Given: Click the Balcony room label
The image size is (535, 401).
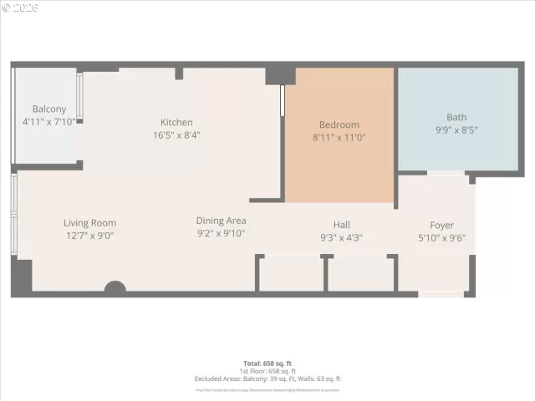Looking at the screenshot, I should click(48, 109).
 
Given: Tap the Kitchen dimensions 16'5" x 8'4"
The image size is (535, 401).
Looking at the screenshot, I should click(176, 135).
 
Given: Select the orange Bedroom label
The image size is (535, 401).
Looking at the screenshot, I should click(339, 124).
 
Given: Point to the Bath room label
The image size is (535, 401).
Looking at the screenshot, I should click(456, 118).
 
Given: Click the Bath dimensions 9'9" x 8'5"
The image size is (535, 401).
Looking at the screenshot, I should click(456, 130).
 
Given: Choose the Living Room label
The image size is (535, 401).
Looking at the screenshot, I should click(89, 223).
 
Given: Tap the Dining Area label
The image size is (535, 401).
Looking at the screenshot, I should click(221, 221).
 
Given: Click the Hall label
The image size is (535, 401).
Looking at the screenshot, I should click(341, 225).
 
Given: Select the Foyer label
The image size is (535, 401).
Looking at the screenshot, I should click(441, 225).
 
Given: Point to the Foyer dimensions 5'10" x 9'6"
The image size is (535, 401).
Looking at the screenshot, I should click(441, 237).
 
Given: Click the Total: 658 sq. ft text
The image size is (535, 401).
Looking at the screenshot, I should click(267, 363).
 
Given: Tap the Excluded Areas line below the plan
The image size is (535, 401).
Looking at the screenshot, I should click(267, 378).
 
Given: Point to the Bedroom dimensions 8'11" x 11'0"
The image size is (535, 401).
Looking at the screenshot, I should click(339, 137).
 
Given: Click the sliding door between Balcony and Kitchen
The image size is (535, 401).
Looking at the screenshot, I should click(80, 99).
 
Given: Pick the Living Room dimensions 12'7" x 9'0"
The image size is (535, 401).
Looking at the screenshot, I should click(89, 236).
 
